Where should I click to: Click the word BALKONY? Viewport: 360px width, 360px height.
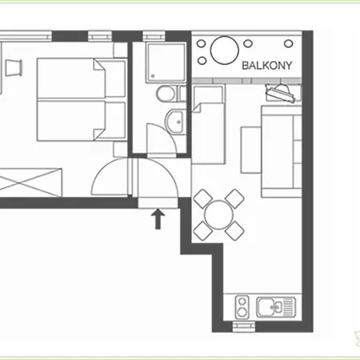pyautogui.click(x=266, y=66)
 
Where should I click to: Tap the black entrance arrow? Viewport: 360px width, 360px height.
pyautogui.click(x=158, y=219)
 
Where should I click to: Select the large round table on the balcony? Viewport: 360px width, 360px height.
pyautogui.click(x=224, y=50)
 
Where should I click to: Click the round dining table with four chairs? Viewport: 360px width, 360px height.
pyautogui.click(x=218, y=215)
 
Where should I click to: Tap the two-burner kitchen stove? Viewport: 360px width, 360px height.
pyautogui.click(x=242, y=307)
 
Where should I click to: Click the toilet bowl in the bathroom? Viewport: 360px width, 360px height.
pyautogui.click(x=166, y=94)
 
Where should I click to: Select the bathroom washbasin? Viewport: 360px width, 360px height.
pyautogui.click(x=174, y=122)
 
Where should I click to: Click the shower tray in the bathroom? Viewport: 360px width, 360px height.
pyautogui.click(x=166, y=63)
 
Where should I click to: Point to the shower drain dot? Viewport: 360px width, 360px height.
pyautogui.click(x=153, y=76)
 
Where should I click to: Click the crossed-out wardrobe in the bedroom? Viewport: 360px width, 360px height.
pyautogui.click(x=31, y=182)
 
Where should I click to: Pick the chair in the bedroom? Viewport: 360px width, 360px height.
pyautogui.click(x=14, y=68)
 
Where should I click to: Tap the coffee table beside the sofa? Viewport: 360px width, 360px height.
pyautogui.click(x=250, y=150)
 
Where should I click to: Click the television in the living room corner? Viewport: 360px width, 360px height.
pyautogui.click(x=281, y=93)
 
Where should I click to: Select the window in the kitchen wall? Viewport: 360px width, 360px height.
pyautogui.click(x=244, y=326)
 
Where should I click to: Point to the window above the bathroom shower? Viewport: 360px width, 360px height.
pyautogui.click(x=154, y=36)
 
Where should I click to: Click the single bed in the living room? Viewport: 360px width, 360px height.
pyautogui.click(x=208, y=125)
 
